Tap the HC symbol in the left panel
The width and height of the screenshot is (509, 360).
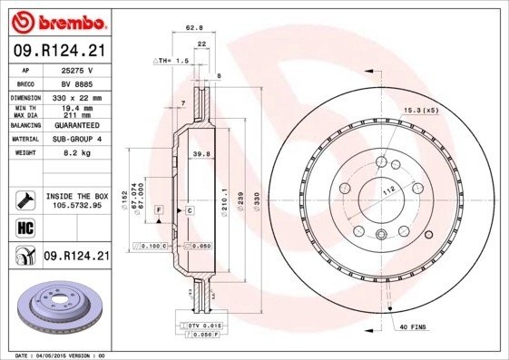click(24, 227)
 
